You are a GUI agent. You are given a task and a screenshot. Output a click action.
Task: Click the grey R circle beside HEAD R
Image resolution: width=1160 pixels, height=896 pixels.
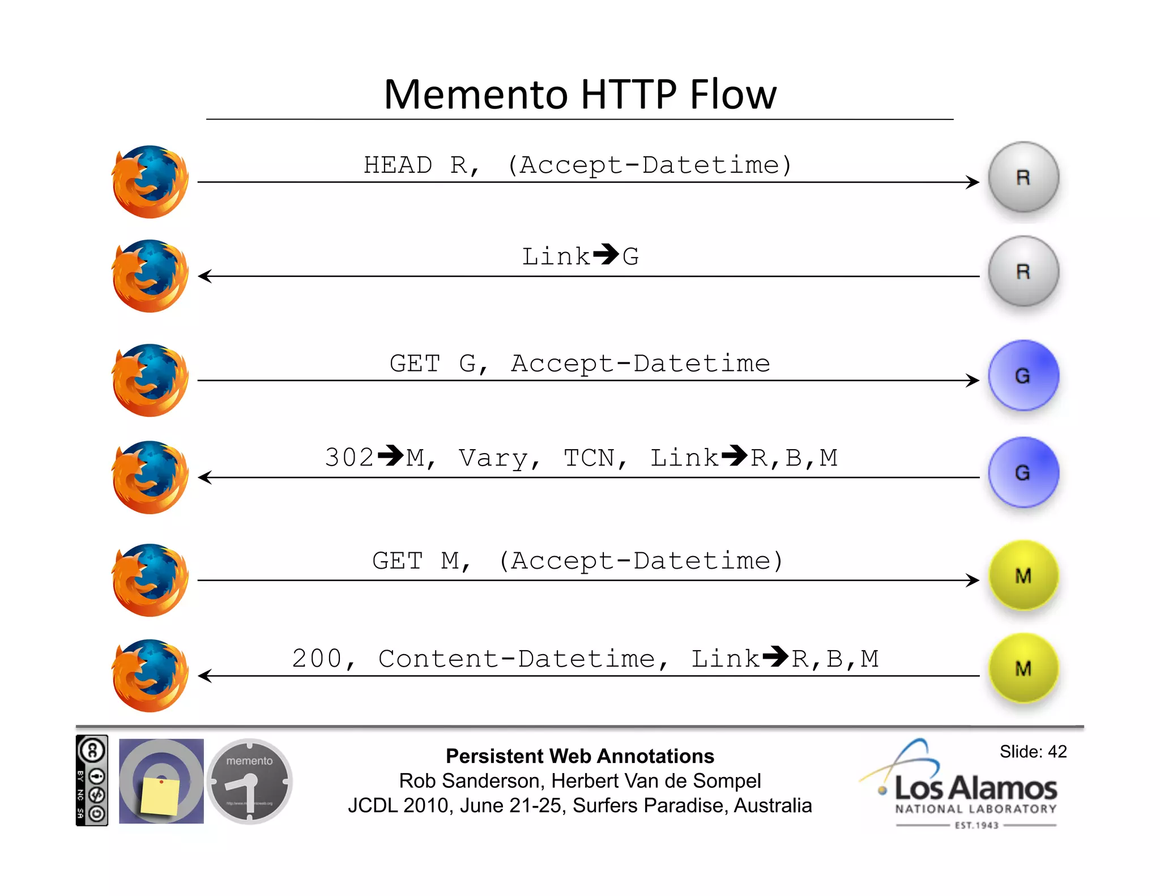point(1023,177)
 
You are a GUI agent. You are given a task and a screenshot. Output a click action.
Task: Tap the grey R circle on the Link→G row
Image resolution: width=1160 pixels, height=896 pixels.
point(1023,271)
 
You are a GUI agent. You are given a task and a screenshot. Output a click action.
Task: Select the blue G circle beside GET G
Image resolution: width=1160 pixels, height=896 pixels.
point(1023,376)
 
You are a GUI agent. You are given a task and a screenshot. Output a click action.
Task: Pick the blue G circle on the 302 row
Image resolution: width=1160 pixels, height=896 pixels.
point(1023,472)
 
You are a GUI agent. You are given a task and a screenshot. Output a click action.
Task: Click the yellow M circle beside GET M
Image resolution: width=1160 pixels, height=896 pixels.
point(1023,575)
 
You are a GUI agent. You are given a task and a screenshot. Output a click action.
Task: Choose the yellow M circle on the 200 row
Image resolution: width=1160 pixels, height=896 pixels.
point(1023,668)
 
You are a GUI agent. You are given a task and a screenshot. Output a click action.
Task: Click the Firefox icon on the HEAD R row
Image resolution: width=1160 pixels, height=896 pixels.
point(150,182)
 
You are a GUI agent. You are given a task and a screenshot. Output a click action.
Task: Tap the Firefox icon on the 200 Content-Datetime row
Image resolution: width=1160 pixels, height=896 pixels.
point(150,676)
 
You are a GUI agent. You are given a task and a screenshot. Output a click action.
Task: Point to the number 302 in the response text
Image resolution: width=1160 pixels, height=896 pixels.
point(349,458)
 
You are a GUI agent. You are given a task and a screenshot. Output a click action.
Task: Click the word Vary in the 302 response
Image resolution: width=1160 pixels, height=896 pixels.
point(493,458)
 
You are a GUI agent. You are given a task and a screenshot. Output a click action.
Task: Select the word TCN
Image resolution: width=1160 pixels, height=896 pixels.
point(589,458)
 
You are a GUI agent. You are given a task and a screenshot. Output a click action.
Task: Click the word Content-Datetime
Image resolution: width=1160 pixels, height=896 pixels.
point(516,659)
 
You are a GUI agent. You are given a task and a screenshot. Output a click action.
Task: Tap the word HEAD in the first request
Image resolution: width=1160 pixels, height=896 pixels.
point(398,165)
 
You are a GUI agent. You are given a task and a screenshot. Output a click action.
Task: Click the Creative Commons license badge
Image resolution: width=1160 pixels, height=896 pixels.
point(92,780)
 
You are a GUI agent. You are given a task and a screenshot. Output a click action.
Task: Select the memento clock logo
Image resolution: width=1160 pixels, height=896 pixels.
point(249,781)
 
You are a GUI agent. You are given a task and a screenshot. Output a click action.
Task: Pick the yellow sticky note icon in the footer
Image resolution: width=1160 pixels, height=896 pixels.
point(160,795)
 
